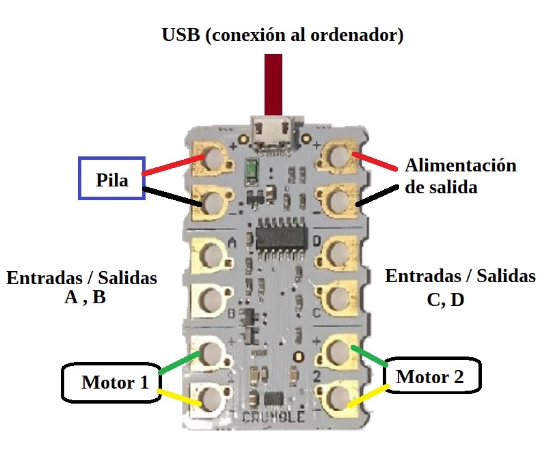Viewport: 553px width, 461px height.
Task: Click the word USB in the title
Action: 181,35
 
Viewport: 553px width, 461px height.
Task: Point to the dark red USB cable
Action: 273,85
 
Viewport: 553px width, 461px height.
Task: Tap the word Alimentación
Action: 461,166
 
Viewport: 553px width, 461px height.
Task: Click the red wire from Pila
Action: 174,165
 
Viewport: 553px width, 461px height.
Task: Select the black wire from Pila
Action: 172,197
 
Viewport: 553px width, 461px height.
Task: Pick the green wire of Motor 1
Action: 179,363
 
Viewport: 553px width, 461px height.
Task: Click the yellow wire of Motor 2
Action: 368,396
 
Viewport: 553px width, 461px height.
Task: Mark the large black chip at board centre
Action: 280,238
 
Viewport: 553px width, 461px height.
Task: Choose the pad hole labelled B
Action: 211,300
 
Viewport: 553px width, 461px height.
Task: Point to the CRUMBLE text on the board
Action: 273,417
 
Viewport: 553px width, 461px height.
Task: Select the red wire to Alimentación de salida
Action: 375,161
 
